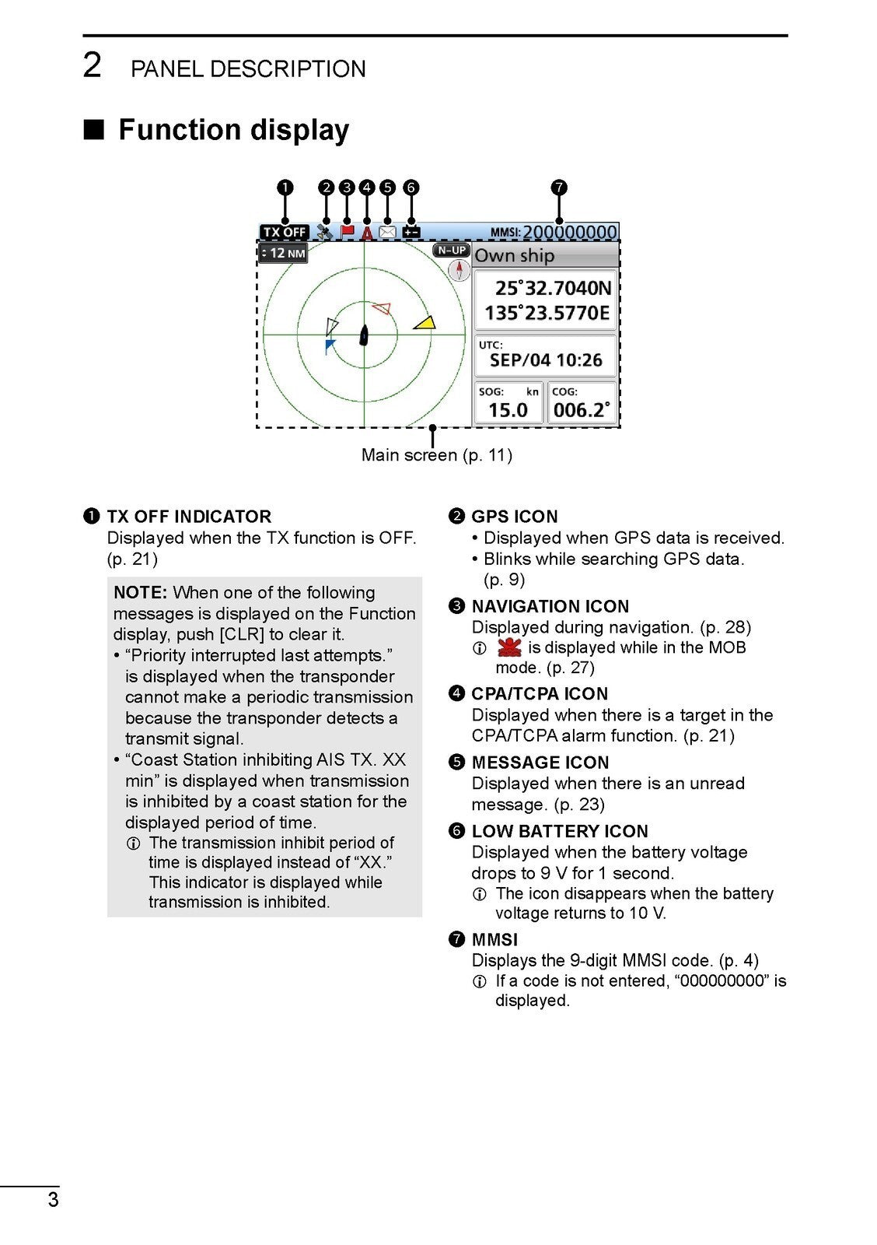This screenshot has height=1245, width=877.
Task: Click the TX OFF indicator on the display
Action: pyautogui.click(x=284, y=232)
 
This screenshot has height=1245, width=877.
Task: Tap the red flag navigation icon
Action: pyautogui.click(x=348, y=231)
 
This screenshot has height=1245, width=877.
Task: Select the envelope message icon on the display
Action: pyautogui.click(x=387, y=232)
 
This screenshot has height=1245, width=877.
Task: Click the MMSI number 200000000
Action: pyautogui.click(x=569, y=232)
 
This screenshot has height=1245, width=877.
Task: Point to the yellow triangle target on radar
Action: pyautogui.click(x=425, y=322)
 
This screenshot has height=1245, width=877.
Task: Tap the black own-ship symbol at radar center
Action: pyautogui.click(x=363, y=335)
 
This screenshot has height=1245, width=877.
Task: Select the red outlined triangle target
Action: pyautogui.click(x=380, y=308)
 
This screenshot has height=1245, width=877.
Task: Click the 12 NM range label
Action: pyautogui.click(x=283, y=253)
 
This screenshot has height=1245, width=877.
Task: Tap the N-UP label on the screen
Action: pyautogui.click(x=451, y=251)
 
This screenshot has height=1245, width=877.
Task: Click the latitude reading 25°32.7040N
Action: pyautogui.click(x=553, y=289)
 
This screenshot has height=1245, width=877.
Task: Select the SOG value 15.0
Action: pyautogui.click(x=508, y=410)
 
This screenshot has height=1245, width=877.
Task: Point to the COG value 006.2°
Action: pyautogui.click(x=582, y=410)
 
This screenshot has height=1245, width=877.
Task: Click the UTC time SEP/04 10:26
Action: pyautogui.click(x=546, y=360)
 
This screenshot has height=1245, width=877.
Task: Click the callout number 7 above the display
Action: pyautogui.click(x=559, y=188)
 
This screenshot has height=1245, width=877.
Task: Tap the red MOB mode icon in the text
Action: pyautogui.click(x=509, y=647)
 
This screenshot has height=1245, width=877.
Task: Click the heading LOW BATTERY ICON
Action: pyautogui.click(x=559, y=831)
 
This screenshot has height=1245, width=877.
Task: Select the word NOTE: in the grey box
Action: pyautogui.click(x=141, y=593)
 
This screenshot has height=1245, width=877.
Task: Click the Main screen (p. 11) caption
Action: pyautogui.click(x=436, y=455)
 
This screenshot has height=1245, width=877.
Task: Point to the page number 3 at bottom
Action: pyautogui.click(x=53, y=1199)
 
